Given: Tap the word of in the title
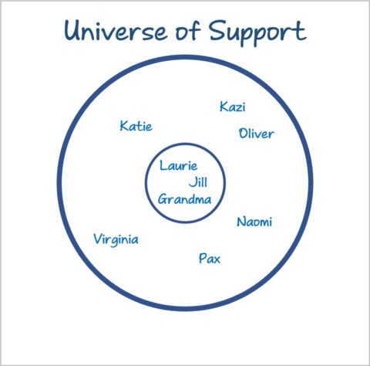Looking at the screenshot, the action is [x=187, y=30].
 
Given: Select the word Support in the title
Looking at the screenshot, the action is [x=257, y=32].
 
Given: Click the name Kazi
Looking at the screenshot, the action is [x=233, y=107].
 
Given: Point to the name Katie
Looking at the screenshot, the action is [x=136, y=126].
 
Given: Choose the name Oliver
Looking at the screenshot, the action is [x=257, y=134].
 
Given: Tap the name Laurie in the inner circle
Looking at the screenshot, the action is [x=179, y=165].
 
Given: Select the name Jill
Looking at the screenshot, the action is [x=198, y=182].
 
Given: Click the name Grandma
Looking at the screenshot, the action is [x=185, y=199].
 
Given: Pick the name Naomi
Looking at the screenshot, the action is [x=254, y=222].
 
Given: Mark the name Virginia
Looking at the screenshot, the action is [x=116, y=240].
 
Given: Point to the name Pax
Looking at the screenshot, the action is [x=210, y=258].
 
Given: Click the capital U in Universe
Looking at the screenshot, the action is [x=73, y=30].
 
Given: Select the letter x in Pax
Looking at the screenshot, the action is [x=217, y=259].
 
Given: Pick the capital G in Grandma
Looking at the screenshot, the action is [x=163, y=199].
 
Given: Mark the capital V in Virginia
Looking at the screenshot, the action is [x=99, y=239].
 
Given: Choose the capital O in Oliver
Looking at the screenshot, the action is [x=244, y=134].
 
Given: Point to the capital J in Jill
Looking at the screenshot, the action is [x=193, y=182].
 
